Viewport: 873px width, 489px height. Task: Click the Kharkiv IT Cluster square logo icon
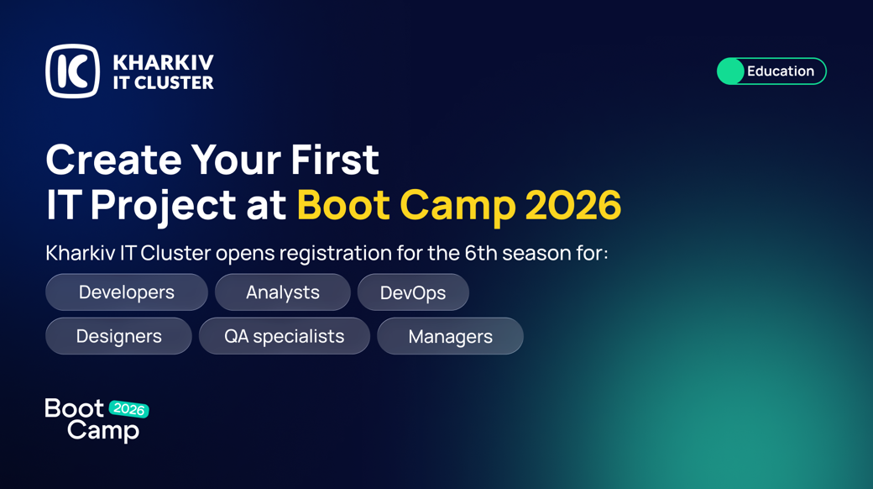click(72, 71)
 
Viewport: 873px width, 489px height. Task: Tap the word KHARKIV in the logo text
click(163, 62)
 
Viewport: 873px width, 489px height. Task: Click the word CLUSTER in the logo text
click(174, 82)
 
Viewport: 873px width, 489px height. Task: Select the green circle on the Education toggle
click(730, 71)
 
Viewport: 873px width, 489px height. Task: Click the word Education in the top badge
click(781, 71)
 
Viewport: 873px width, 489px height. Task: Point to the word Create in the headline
click(113, 160)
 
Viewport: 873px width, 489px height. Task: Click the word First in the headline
click(335, 160)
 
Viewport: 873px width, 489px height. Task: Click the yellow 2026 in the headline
click(572, 205)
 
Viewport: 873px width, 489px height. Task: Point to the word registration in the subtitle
click(335, 254)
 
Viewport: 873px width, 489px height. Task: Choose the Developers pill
click(127, 292)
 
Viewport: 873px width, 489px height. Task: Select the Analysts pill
click(283, 292)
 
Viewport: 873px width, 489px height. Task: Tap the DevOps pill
click(413, 292)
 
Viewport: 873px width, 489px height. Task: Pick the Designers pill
click(118, 336)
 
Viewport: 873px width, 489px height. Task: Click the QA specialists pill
click(285, 336)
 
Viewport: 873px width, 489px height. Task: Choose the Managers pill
click(451, 336)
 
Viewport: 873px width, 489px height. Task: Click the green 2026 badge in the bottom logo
click(129, 409)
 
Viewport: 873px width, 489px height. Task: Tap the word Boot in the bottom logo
click(74, 408)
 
